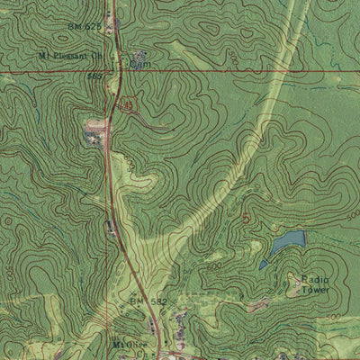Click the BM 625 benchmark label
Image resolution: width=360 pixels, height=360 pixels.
[x=85, y=27]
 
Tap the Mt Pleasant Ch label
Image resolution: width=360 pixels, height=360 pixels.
[x=67, y=56]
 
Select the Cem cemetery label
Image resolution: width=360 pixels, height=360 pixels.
[x=139, y=65]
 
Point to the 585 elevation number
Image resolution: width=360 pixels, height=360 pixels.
[x=94, y=76]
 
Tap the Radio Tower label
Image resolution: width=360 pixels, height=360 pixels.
[x=315, y=284]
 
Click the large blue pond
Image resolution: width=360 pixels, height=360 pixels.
[x=289, y=240]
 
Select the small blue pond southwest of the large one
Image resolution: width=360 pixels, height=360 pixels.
[x=263, y=265]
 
